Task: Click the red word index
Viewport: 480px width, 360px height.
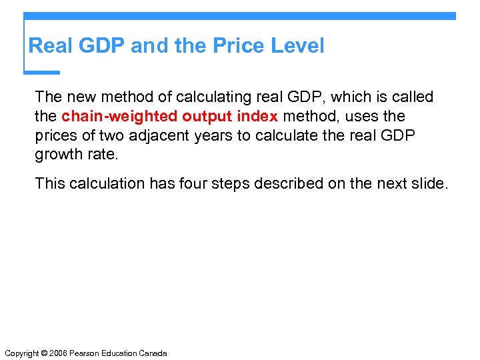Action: click(x=257, y=117)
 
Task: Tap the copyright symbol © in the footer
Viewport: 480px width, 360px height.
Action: click(x=45, y=353)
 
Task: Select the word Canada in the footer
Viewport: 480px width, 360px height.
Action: click(x=153, y=353)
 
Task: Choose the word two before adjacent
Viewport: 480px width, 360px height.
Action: click(x=142, y=136)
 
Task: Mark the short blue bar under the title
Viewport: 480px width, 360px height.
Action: click(x=41, y=72)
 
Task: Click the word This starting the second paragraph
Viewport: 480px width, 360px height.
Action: click(x=51, y=183)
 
